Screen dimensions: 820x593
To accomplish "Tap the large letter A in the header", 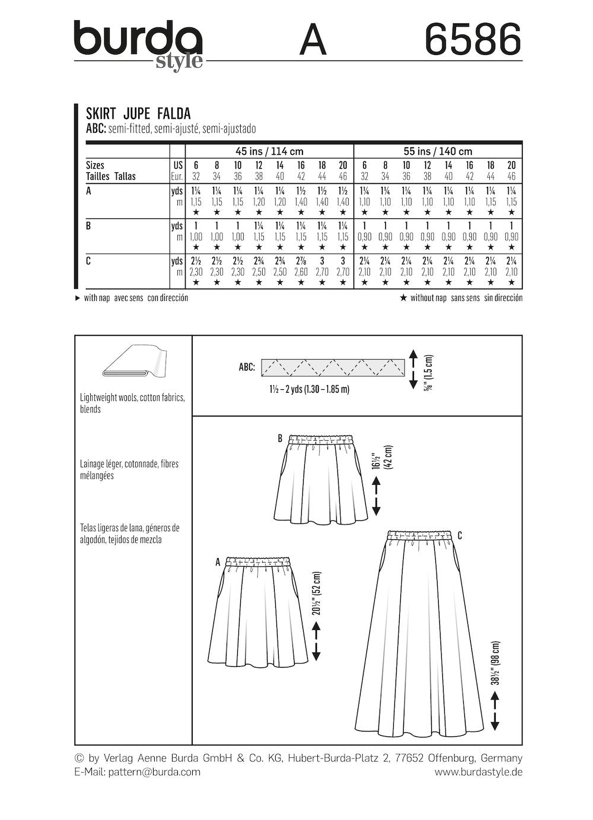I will [x=313, y=40].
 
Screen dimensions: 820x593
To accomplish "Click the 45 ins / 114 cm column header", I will [x=270, y=151].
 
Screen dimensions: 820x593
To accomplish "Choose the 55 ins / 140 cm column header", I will [x=438, y=151].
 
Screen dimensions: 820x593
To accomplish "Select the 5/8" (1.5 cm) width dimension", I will [x=428, y=369].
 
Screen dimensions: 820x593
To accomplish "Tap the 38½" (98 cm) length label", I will [x=496, y=663].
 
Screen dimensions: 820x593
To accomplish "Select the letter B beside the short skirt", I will [x=279, y=439].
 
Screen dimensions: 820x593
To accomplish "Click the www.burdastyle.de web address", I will [x=478, y=772].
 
